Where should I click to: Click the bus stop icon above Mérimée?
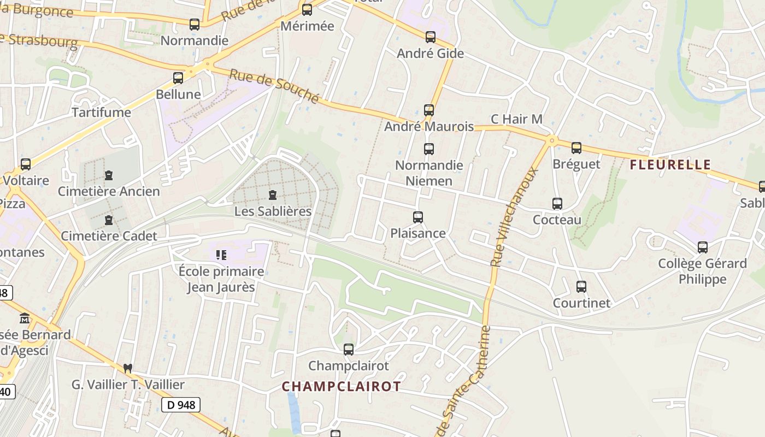[x=307, y=9]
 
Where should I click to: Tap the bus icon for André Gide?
[x=431, y=37]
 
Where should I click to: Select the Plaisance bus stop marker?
[x=418, y=217]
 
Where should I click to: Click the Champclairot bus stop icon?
[x=349, y=350]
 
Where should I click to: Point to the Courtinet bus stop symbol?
[x=581, y=287]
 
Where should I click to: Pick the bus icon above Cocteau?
[x=557, y=204]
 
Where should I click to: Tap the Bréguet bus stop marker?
[x=576, y=148]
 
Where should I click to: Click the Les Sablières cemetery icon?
[x=273, y=194]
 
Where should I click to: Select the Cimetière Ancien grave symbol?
[x=109, y=175]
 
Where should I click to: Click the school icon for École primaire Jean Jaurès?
[x=221, y=255]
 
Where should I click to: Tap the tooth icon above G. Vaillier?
[x=128, y=369]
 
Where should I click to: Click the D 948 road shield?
[x=181, y=405]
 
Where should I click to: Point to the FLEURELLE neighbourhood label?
[x=670, y=164]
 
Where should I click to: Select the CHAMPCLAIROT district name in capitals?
[x=342, y=386]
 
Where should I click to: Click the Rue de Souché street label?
[x=274, y=85]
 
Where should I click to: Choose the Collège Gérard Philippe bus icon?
[x=703, y=247]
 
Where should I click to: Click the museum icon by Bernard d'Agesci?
[x=25, y=318]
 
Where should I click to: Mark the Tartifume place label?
[x=102, y=113]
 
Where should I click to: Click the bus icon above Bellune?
[x=178, y=78]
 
